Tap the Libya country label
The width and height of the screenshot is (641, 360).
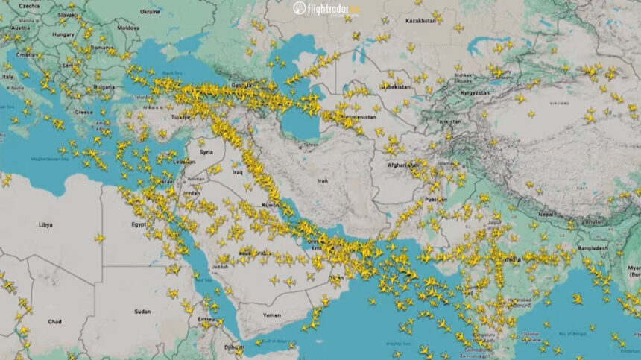click(x=45, y=224)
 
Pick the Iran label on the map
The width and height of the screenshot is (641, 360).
click(x=323, y=180)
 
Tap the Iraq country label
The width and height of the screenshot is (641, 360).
click(x=238, y=171)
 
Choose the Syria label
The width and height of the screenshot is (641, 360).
click(x=206, y=151)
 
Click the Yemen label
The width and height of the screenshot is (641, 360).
click(x=271, y=315)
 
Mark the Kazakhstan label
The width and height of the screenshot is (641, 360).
click(x=420, y=21)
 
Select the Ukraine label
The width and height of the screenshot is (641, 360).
click(x=150, y=12)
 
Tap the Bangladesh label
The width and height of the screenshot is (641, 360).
click(x=591, y=247)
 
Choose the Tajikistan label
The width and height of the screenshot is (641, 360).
click(x=449, y=121)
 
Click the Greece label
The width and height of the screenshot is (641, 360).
click(x=83, y=113)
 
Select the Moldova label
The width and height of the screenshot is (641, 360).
click(x=127, y=28)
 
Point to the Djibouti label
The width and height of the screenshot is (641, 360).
click(x=234, y=347)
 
